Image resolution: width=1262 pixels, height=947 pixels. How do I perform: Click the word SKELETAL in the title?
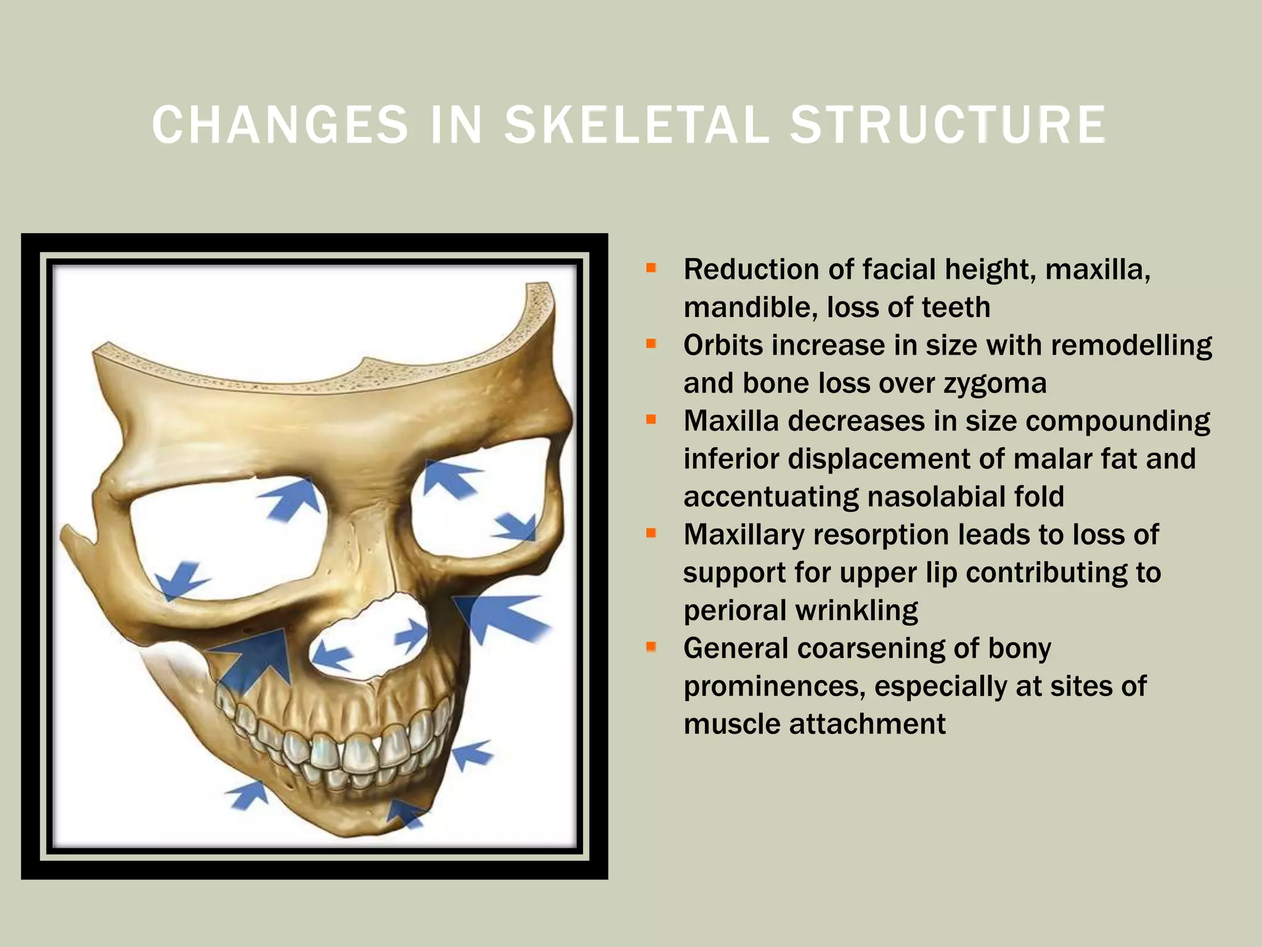[x=637, y=125]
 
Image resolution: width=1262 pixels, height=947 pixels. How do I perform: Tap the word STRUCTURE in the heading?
[x=948, y=125]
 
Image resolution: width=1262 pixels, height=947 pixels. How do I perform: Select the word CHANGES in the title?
[x=280, y=125]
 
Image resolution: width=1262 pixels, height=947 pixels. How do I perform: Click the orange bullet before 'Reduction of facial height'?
[x=651, y=268]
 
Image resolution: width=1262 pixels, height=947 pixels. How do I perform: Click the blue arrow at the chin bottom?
[x=407, y=813]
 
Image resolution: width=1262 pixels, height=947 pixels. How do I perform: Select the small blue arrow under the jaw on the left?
[x=248, y=795]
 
